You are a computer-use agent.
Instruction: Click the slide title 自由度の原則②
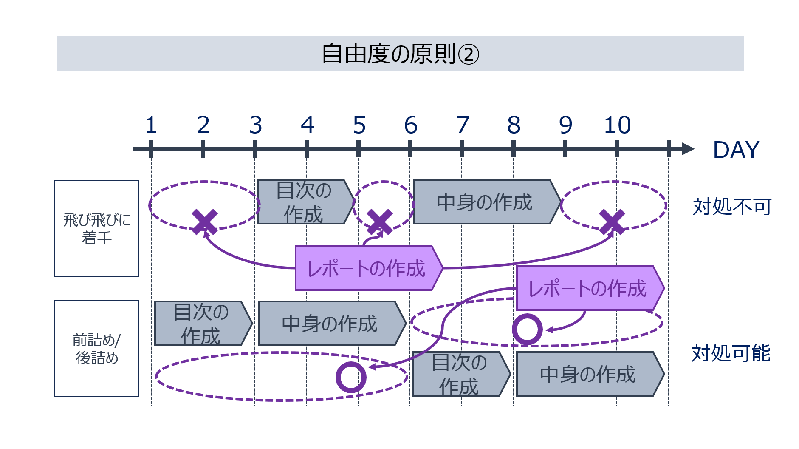(x=400, y=54)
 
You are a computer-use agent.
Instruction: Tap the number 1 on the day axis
(x=151, y=125)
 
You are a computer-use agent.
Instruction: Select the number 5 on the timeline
(x=359, y=125)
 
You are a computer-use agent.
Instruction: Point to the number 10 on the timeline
(x=617, y=125)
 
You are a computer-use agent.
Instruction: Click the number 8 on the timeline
(x=514, y=125)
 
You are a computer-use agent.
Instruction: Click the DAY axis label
(x=736, y=150)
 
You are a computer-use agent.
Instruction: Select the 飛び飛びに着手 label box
(x=97, y=228)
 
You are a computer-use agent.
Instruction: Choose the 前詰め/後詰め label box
(x=97, y=348)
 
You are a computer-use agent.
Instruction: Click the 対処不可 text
(x=732, y=207)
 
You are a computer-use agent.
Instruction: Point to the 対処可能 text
(x=731, y=353)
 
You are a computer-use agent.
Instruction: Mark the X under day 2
(x=204, y=222)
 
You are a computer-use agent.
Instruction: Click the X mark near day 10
(x=612, y=222)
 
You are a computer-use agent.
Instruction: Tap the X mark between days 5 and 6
(x=380, y=222)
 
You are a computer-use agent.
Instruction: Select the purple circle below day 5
(x=351, y=377)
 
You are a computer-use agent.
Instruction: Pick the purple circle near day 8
(x=527, y=329)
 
